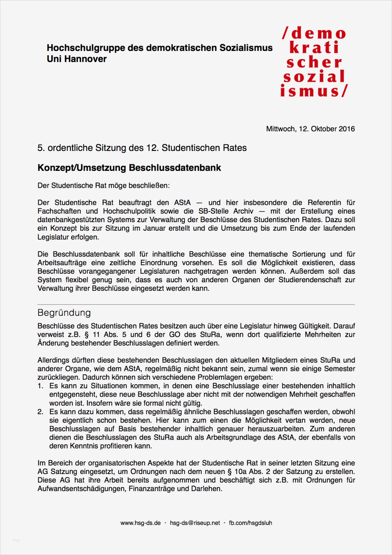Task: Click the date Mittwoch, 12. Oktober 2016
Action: click(x=310, y=129)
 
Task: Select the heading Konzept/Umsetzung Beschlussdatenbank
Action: click(x=129, y=168)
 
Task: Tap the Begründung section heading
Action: click(x=64, y=313)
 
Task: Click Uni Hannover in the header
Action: click(x=76, y=59)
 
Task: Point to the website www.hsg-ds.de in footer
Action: click(x=140, y=523)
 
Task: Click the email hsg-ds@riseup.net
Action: click(x=195, y=523)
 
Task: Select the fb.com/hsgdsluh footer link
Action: click(x=250, y=523)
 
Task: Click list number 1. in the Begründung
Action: click(x=40, y=386)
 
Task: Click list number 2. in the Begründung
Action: click(x=40, y=412)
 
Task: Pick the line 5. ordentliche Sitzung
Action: click(x=142, y=148)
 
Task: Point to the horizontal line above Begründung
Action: click(x=196, y=304)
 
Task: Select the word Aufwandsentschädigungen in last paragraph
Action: click(x=82, y=489)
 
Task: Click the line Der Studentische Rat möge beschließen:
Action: click(x=103, y=186)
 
